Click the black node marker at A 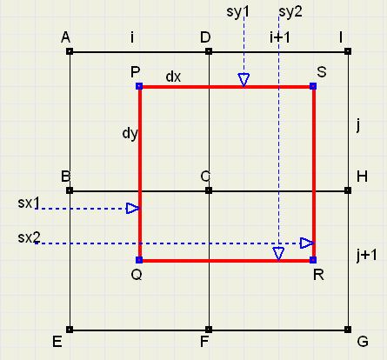coord(70,51)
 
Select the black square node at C coord(209,190)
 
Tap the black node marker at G coord(348,330)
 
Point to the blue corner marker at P coord(139,86)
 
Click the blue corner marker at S coord(313,86)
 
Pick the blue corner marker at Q coord(139,260)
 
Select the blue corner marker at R coord(313,260)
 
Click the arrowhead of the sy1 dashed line coord(244,80)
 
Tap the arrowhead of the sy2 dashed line coord(278,254)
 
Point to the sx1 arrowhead coord(133,209)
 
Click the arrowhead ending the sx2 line coord(307,243)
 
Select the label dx coord(173,77)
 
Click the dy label coord(130,133)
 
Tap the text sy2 coord(290,12)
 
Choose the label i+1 coord(280,37)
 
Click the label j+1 coord(367,256)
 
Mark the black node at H coord(348,190)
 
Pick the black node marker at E coord(70,330)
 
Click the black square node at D coord(209,51)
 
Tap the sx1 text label coord(29,203)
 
